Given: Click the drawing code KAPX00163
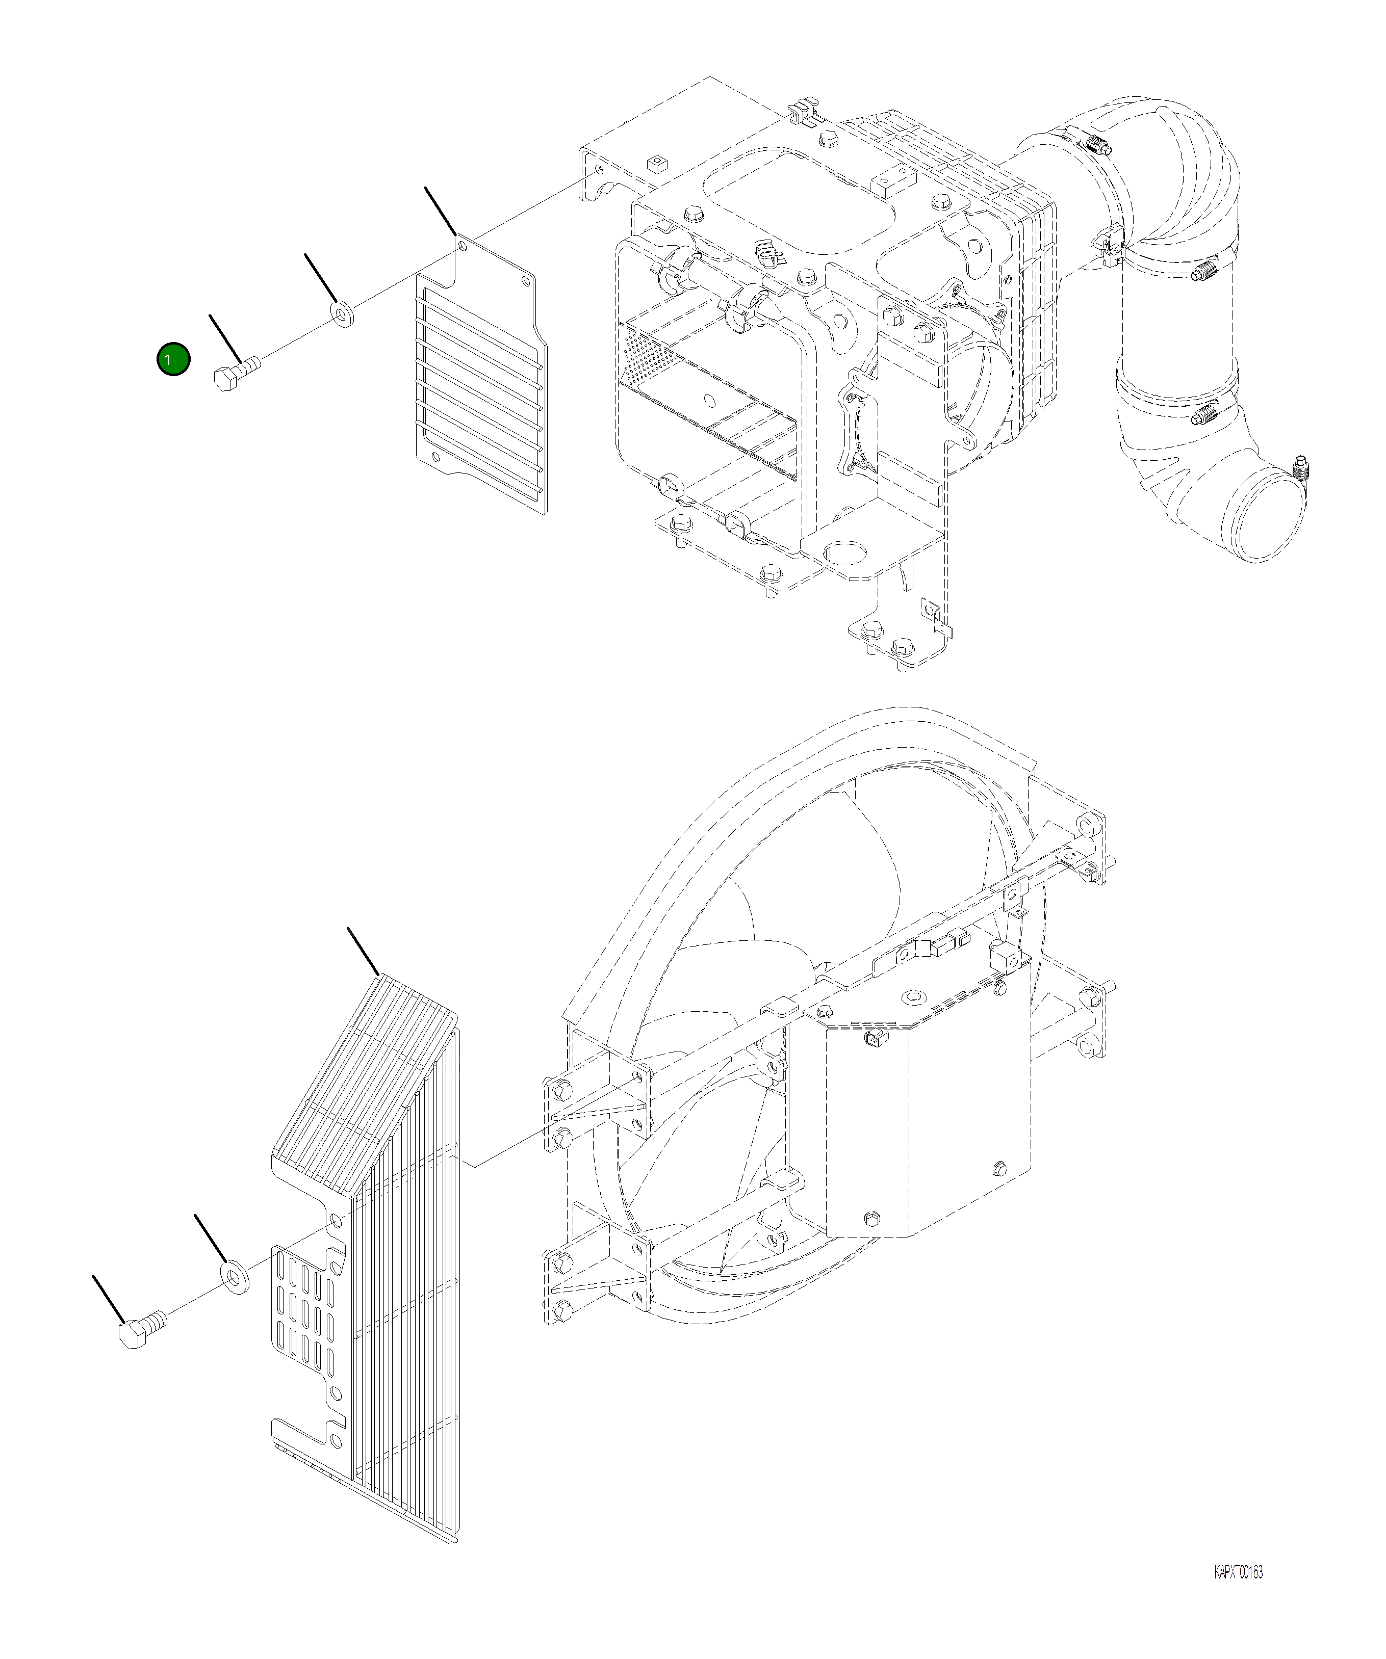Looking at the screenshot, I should [x=1238, y=1572].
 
